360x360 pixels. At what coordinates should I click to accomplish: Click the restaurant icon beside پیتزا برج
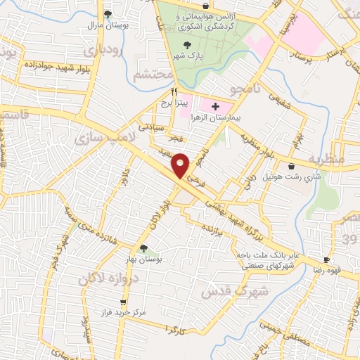click(174, 92)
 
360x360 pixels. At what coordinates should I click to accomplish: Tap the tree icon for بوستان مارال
click(108, 13)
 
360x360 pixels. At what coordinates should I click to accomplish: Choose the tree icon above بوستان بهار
click(143, 248)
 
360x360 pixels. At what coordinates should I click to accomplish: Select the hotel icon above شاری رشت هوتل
click(291, 166)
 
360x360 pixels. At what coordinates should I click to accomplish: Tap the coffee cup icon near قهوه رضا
click(327, 259)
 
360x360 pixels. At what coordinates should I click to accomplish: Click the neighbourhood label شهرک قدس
click(235, 290)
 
